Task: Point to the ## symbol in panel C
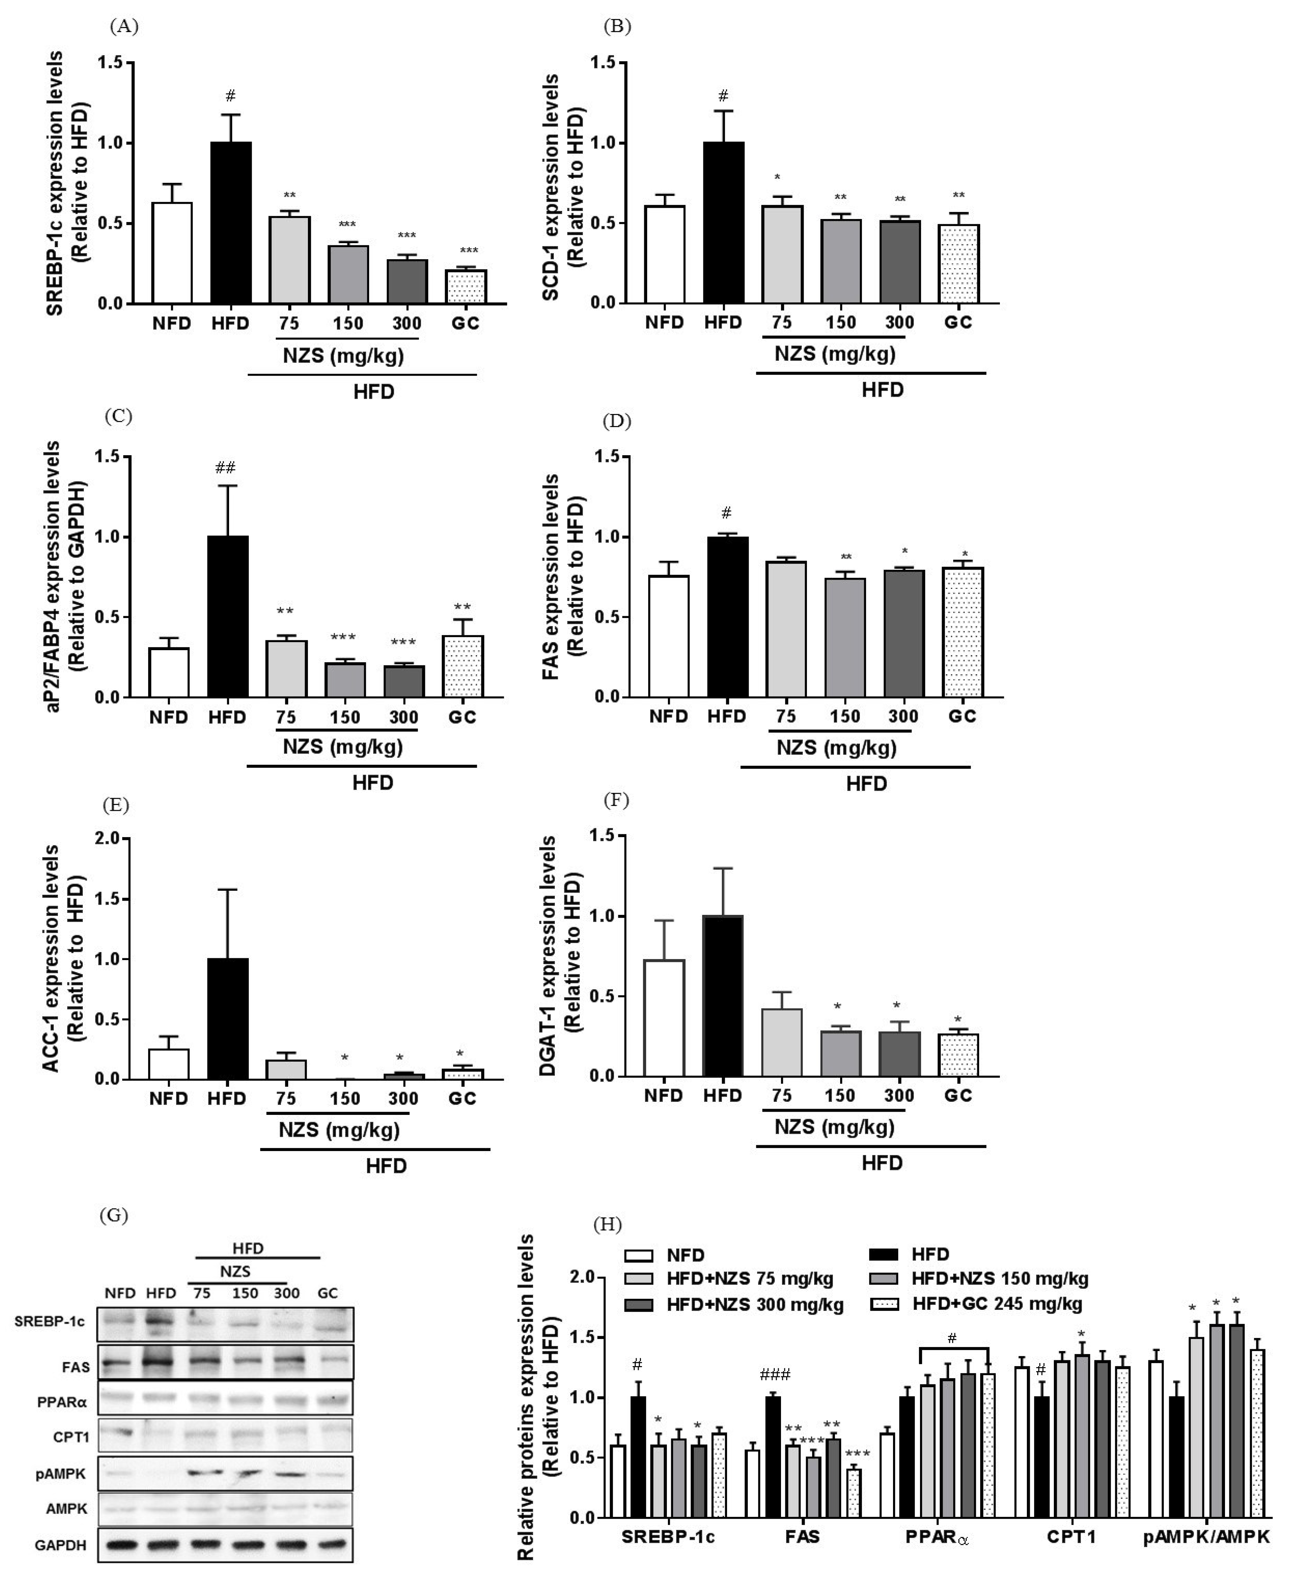click(225, 468)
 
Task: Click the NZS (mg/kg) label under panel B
click(834, 354)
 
